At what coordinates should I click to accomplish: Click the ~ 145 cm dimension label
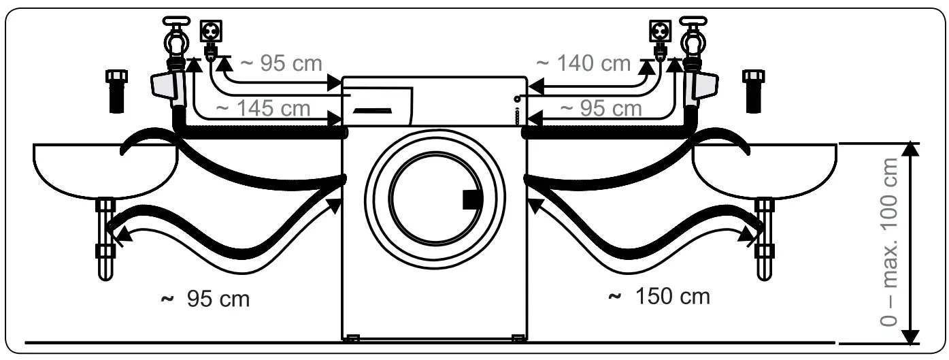point(263,108)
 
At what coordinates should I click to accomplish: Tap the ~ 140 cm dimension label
point(583,63)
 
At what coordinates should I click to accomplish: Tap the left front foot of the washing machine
point(352,336)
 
